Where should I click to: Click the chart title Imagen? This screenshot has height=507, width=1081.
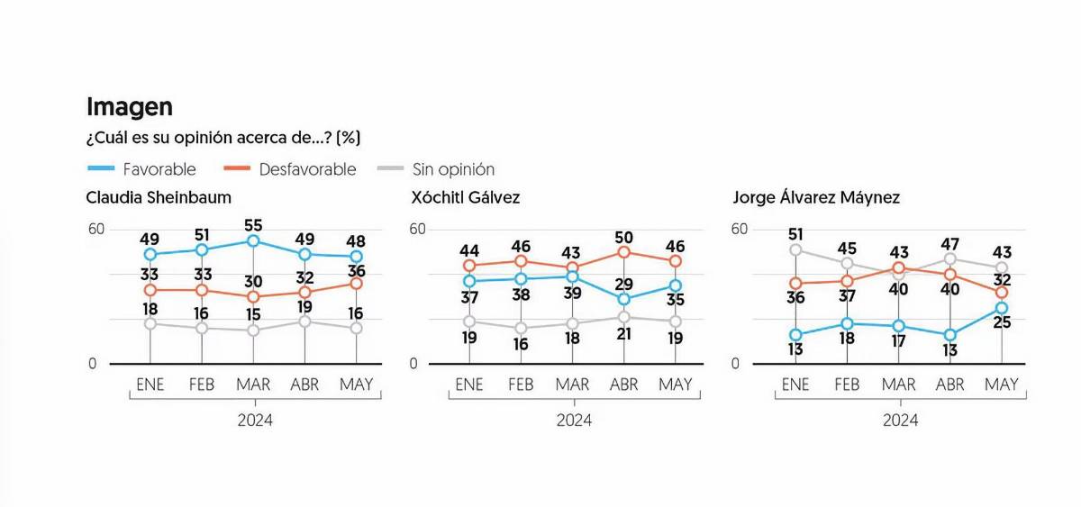coord(130,107)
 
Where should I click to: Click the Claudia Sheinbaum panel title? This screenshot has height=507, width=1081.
coord(159,197)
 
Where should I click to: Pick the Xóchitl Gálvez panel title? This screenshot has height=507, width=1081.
coord(465,197)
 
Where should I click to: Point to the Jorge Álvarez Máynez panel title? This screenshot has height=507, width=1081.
coord(816,197)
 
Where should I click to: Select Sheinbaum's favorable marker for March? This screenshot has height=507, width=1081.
coord(253,240)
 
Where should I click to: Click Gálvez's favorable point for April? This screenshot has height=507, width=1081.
coord(623,299)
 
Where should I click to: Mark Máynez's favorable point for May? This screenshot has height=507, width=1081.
coord(1002,308)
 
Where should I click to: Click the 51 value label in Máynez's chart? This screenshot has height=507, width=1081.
coord(795,234)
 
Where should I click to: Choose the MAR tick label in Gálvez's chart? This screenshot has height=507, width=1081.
coord(572,385)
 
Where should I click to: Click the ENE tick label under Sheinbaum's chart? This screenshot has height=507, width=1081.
coord(150,385)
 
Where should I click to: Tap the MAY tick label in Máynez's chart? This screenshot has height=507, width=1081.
coord(1002,385)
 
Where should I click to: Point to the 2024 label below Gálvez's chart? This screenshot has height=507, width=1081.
coord(574,420)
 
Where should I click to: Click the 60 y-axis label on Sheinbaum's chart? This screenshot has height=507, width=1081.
coord(95,229)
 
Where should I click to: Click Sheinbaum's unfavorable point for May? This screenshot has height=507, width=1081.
coord(356,283)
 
